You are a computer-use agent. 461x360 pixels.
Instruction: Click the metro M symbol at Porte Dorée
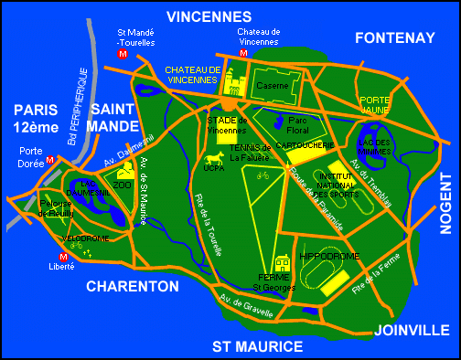(50, 159)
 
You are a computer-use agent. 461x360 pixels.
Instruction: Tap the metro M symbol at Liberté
(64, 257)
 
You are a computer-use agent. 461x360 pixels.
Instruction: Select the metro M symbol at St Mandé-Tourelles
(123, 55)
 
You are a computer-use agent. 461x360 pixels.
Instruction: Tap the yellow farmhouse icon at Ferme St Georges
(281, 265)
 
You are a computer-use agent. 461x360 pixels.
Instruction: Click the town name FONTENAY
(395, 37)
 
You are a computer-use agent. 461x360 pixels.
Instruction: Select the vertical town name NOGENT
(445, 194)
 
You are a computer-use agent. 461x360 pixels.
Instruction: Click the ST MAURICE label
(257, 346)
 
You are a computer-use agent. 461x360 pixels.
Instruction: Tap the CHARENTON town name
(133, 286)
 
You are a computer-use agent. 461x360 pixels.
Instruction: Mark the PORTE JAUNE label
(375, 105)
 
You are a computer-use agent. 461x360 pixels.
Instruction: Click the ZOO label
(122, 184)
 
